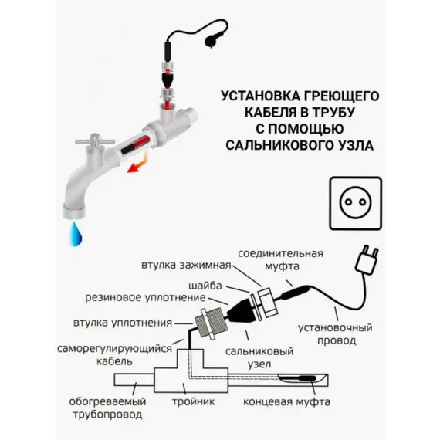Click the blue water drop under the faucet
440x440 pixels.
76,234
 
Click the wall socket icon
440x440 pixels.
356,203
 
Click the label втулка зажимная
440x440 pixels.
186,266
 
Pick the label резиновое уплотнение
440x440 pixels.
145,298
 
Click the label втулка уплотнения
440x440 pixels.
123,323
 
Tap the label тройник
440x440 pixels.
193,402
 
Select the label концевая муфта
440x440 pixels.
286,402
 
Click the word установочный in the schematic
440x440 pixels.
335,328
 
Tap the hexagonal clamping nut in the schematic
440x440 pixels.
267,301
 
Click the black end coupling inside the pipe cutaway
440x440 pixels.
304,378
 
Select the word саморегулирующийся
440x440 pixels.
114,349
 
